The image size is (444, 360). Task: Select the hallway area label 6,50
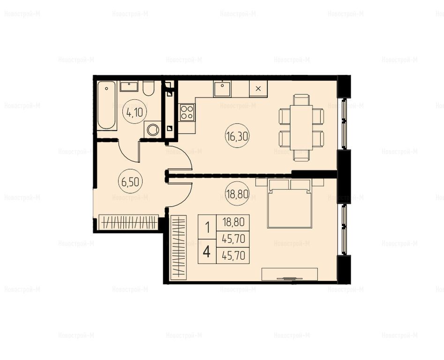(130, 182)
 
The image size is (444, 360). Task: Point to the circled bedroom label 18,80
(237, 194)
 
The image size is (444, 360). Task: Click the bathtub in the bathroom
(106, 105)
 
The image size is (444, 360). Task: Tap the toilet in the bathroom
(148, 88)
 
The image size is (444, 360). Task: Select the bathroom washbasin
(129, 86)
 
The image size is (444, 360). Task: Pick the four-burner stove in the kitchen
(187, 112)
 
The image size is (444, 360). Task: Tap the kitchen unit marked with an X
(258, 89)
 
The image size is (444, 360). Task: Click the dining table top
(301, 127)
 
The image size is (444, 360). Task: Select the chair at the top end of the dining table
(301, 100)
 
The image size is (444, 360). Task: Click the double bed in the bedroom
(289, 203)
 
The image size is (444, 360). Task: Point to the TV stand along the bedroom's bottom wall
(289, 274)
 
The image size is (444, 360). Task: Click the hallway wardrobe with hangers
(128, 222)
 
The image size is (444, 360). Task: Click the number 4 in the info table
(207, 252)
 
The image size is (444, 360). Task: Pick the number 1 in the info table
(208, 227)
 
